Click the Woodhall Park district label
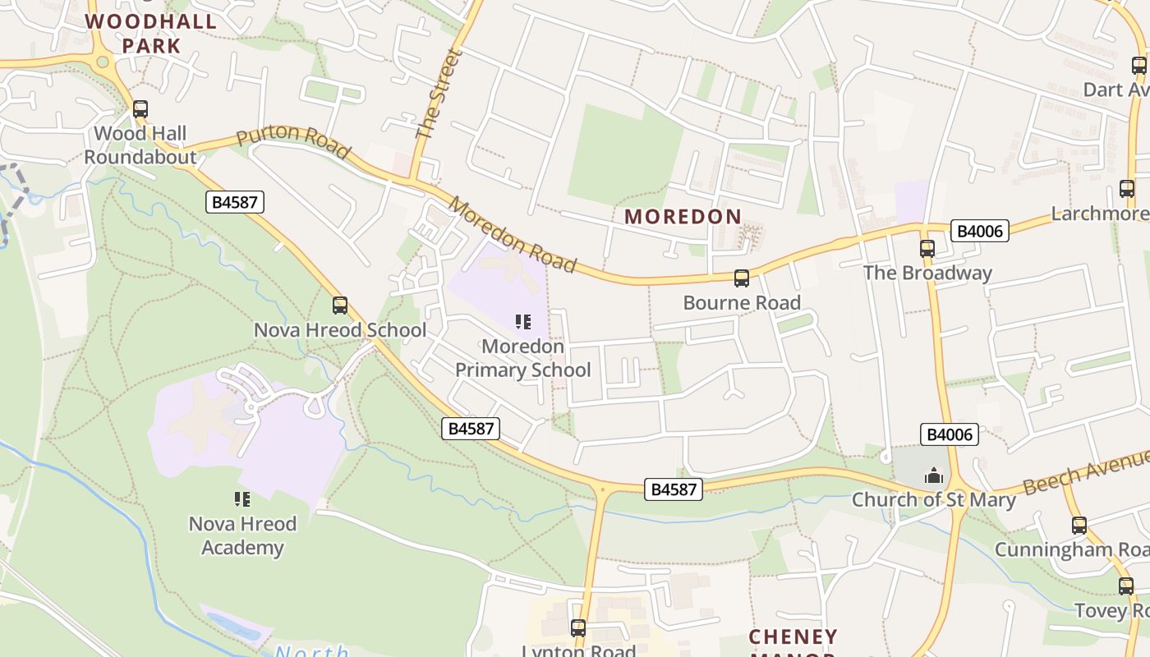click(151, 33)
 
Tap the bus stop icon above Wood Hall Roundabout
click(140, 108)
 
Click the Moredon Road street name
click(512, 235)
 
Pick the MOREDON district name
click(683, 217)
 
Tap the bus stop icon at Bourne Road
click(742, 278)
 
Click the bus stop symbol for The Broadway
click(927, 248)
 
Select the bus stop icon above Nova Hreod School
click(340, 306)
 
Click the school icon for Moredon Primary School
click(523, 321)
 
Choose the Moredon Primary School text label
click(523, 358)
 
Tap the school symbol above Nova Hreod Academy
click(242, 498)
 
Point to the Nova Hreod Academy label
click(242, 535)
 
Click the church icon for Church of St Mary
click(933, 476)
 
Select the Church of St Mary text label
click(933, 499)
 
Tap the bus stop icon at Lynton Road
click(578, 628)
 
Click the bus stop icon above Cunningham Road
click(1079, 526)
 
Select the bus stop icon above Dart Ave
click(1139, 66)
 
